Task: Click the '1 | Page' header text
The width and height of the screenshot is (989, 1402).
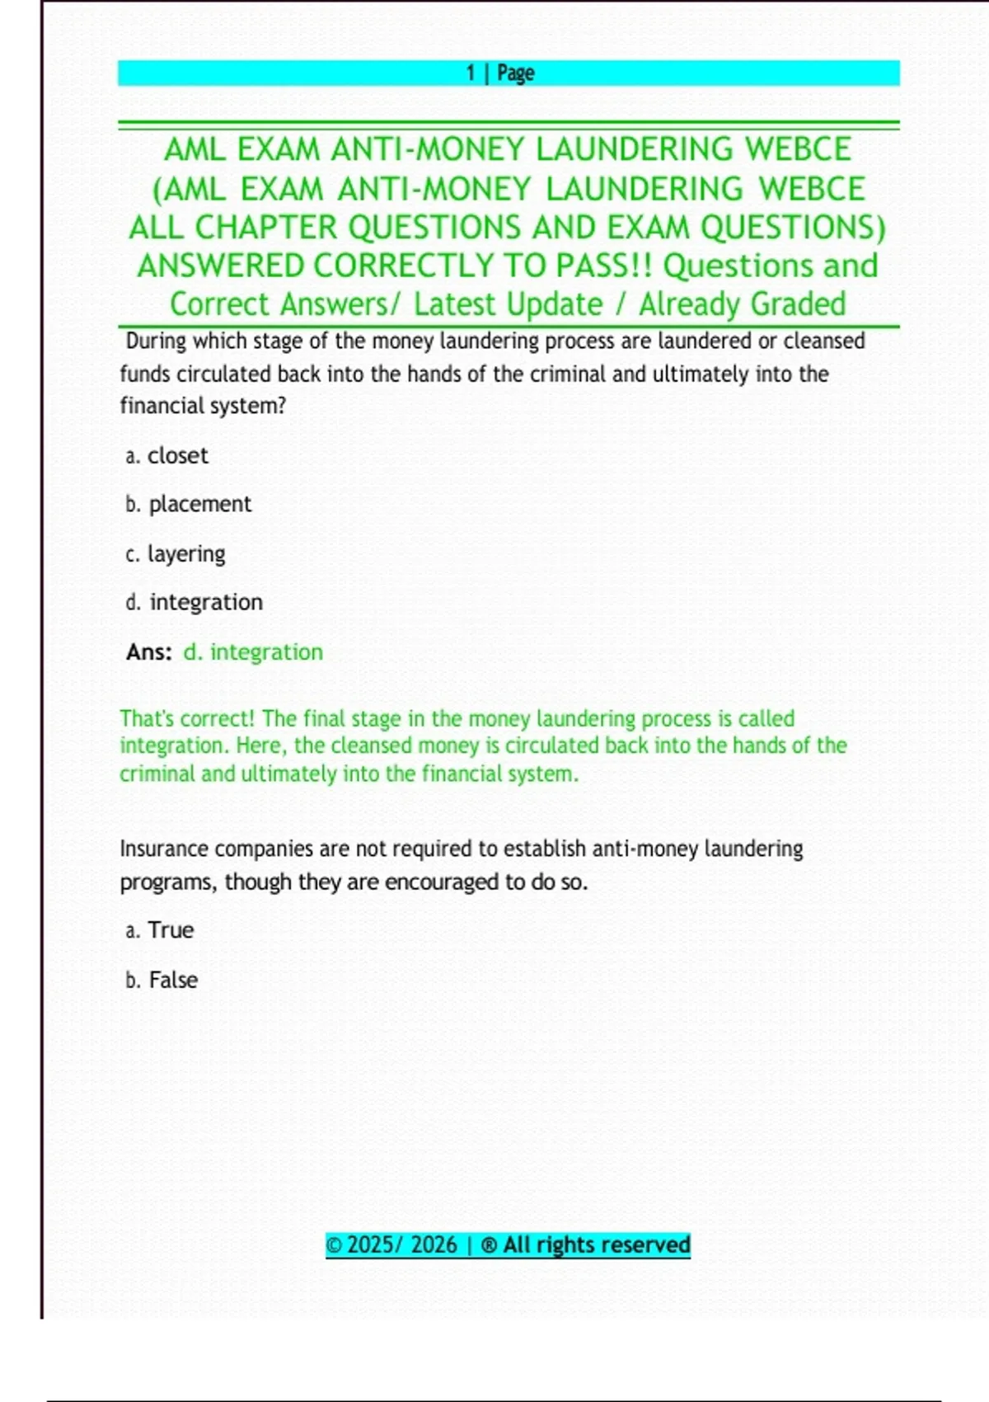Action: point(500,73)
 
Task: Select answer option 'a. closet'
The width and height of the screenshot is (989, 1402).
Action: point(167,455)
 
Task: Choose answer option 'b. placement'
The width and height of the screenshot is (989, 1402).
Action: point(189,504)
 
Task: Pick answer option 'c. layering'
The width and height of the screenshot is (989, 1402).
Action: point(176,553)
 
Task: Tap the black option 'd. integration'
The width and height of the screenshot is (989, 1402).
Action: point(195,602)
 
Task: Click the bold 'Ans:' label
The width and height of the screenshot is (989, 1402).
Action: point(149,652)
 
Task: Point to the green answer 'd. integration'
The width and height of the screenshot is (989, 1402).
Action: point(253,652)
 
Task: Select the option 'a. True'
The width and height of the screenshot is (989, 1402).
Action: point(160,930)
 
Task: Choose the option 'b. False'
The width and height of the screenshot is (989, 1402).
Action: point(162,980)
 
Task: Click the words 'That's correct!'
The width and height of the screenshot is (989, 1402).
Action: point(188,718)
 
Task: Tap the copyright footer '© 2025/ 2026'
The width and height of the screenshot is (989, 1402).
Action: point(391,1244)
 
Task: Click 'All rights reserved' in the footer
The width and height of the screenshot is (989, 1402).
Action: point(596,1244)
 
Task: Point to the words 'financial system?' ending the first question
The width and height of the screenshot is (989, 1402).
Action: point(203,406)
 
